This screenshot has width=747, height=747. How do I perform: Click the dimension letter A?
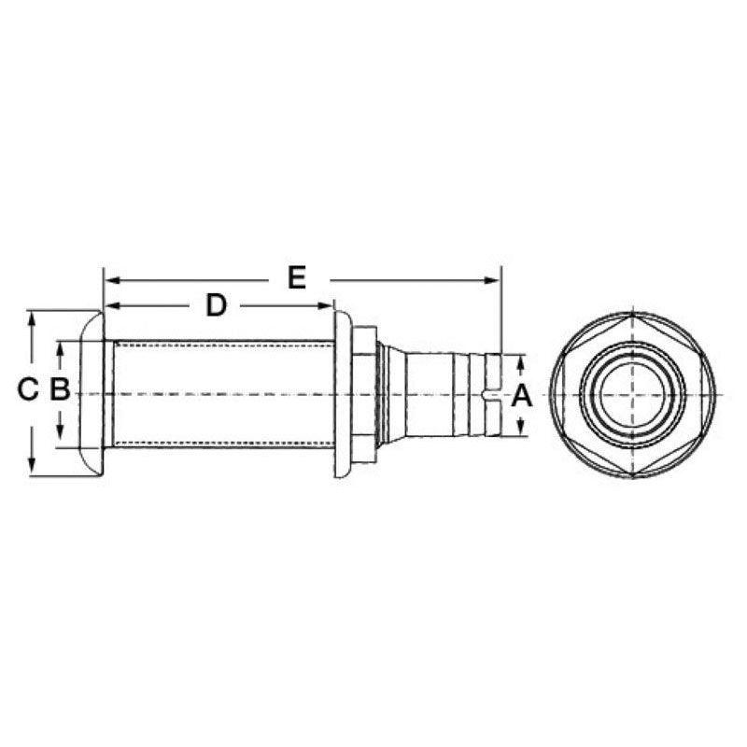pyautogui.click(x=521, y=396)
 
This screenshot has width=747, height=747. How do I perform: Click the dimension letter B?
pyautogui.click(x=60, y=389)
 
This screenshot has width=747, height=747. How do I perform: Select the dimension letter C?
pyautogui.click(x=27, y=389)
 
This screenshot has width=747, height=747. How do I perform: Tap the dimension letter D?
pyautogui.click(x=216, y=305)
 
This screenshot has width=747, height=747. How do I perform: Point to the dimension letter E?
pyautogui.click(x=297, y=277)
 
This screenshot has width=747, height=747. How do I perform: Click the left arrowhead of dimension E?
pyautogui.click(x=111, y=280)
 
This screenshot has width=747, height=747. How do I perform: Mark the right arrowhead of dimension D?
pyautogui.click(x=326, y=305)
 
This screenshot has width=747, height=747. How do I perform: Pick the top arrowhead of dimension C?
pyautogui.click(x=32, y=318)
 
